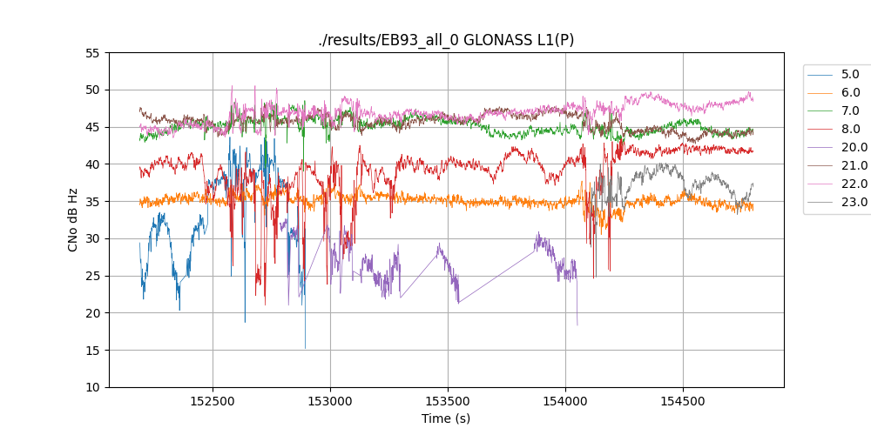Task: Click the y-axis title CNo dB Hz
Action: [73, 220]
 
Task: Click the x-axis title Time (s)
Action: [446, 418]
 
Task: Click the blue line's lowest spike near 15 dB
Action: [305, 348]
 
